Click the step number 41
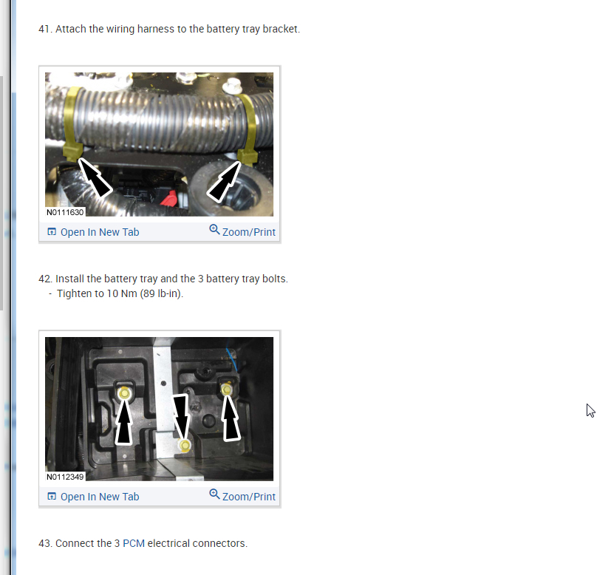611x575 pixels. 45,30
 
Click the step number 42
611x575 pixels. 45,279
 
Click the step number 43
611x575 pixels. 45,543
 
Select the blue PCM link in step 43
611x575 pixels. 134,543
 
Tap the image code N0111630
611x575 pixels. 65,212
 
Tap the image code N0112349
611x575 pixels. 65,477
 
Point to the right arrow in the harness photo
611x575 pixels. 224,182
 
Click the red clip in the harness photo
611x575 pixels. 169,198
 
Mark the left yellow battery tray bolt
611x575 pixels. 124,393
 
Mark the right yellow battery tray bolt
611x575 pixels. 226,389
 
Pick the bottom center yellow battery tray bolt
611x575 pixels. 185,445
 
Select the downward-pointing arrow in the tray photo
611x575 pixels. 181,418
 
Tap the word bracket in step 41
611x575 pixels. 281,30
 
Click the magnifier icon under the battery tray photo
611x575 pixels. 214,494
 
